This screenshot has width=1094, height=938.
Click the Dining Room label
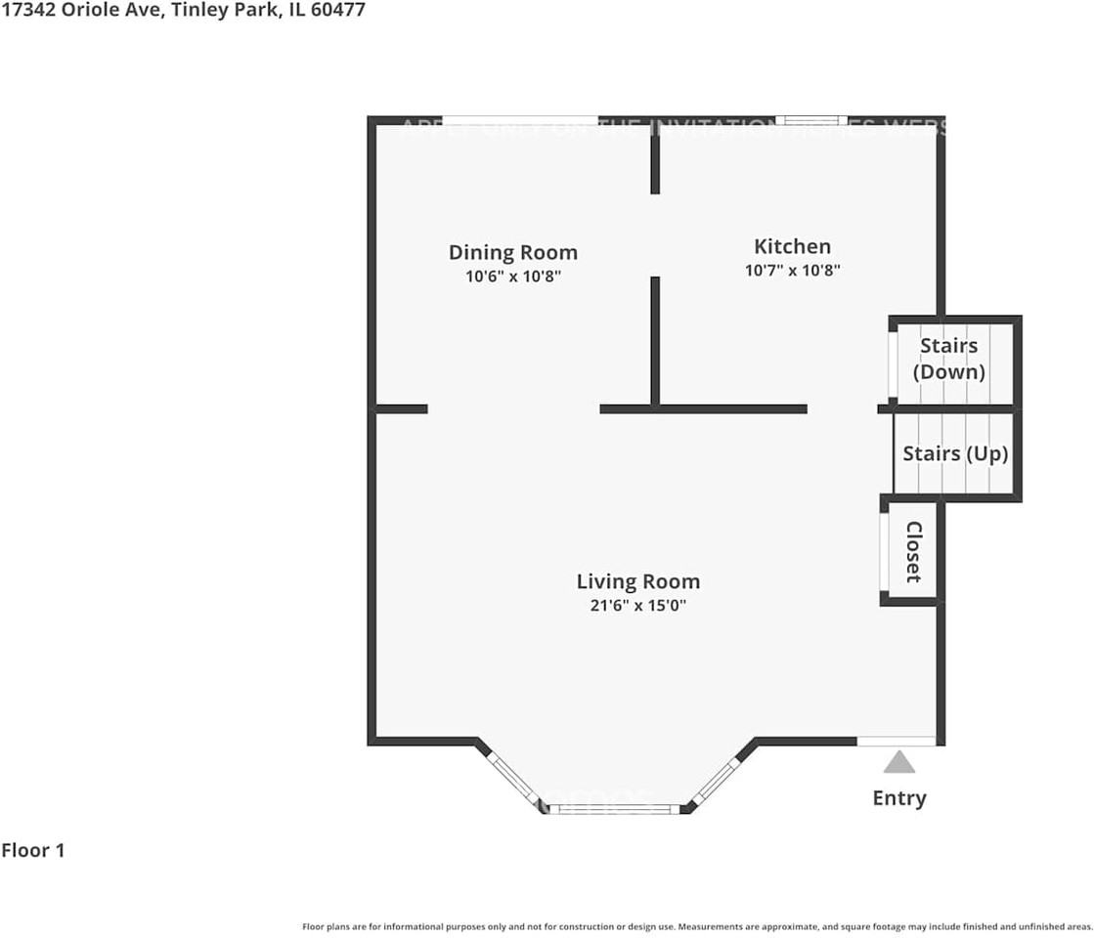512,252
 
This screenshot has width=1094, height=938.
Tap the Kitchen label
792,246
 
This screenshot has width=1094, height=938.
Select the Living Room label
637,582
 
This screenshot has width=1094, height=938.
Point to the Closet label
914,551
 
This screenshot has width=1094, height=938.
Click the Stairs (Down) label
948,359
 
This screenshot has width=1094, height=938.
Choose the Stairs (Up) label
954,454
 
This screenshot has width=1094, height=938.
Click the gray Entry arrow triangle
899,762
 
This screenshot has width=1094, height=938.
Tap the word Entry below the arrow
899,798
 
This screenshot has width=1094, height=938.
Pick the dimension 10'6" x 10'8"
512,277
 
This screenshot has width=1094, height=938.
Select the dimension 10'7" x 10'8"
792,270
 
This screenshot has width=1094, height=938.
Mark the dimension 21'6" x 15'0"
637,606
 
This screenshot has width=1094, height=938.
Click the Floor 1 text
33,850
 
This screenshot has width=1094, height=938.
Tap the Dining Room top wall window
520,120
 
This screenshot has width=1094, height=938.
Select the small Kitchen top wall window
810,120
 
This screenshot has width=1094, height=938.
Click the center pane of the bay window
613,809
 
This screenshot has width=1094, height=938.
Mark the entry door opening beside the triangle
896,741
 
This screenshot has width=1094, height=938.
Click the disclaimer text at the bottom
697,926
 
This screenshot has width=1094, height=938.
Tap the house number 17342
29,12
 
